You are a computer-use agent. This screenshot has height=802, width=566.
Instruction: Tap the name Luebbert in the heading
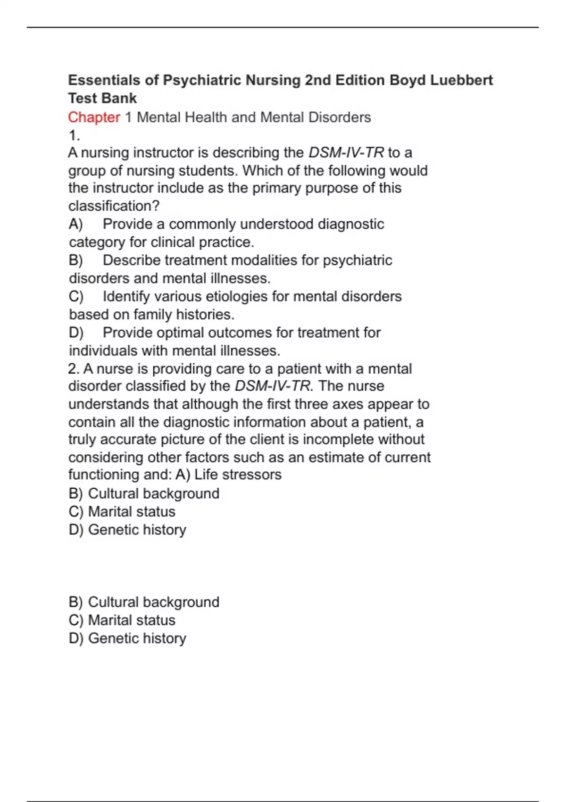461,80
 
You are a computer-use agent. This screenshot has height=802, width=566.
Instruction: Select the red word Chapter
94,117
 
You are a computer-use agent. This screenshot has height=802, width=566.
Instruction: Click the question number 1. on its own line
74,135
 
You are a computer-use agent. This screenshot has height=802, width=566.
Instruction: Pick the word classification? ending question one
114,206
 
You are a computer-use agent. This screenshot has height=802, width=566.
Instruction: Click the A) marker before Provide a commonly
75,224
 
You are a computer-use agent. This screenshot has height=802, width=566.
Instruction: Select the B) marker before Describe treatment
75,260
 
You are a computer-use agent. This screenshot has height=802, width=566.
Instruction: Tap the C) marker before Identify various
76,297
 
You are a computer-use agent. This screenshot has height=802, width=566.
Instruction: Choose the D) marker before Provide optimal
76,333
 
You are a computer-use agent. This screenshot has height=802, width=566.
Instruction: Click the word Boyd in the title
408,80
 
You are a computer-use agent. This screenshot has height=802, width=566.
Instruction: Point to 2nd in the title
318,80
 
